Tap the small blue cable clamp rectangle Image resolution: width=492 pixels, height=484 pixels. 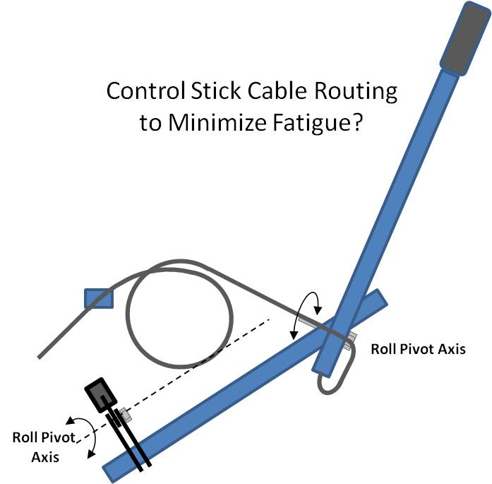click(98, 298)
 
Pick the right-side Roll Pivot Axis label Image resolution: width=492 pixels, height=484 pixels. click(418, 349)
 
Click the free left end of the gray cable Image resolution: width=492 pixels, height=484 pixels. click(40, 356)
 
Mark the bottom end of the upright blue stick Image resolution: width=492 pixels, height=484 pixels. click(323, 367)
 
